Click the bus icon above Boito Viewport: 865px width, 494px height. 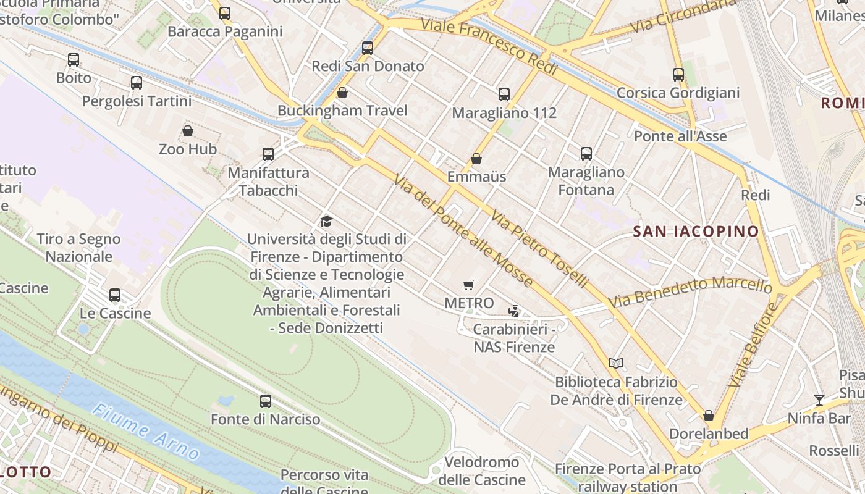click(x=74, y=60)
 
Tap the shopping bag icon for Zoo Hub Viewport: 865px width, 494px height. click(x=188, y=131)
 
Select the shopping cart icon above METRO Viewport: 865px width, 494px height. click(x=469, y=285)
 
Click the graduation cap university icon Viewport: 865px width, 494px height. click(x=326, y=221)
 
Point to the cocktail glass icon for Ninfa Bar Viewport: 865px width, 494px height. click(x=819, y=400)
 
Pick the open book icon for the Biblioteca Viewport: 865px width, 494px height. click(x=616, y=363)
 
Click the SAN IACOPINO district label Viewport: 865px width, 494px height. click(x=696, y=232)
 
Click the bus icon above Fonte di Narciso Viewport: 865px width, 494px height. click(x=266, y=401)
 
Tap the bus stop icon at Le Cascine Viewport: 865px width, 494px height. click(x=115, y=295)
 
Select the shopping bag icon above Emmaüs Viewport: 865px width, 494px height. click(x=476, y=159)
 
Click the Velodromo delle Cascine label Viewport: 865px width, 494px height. click(x=482, y=471)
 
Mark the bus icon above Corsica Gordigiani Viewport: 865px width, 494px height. click(x=678, y=75)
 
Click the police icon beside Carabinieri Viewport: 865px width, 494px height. click(x=513, y=311)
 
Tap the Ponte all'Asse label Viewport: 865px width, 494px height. click(x=680, y=136)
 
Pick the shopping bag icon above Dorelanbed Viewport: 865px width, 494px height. click(x=709, y=416)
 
